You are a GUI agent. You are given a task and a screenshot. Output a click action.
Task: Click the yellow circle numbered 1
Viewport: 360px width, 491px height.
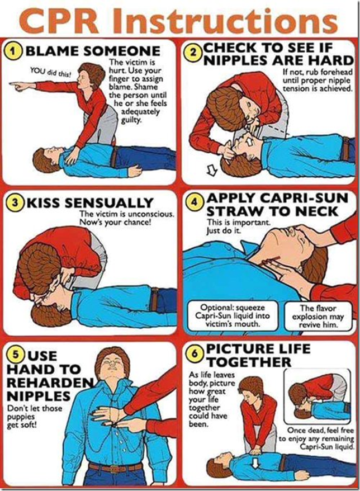pyautogui.click(x=15, y=51)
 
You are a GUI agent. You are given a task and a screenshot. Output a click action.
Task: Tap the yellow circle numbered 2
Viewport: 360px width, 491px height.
pyautogui.click(x=194, y=52)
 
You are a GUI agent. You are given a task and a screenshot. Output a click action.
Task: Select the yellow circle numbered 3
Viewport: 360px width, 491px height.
pyautogui.click(x=15, y=202)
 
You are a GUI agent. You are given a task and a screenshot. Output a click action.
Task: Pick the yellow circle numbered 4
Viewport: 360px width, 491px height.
pyautogui.click(x=195, y=202)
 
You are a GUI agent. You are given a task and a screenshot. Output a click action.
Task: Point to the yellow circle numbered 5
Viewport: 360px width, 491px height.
pyautogui.click(x=16, y=355)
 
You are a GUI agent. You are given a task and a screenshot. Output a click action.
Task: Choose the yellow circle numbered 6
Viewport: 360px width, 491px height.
pyautogui.click(x=195, y=354)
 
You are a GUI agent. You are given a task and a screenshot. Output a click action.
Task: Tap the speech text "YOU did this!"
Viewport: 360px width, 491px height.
pyautogui.click(x=50, y=72)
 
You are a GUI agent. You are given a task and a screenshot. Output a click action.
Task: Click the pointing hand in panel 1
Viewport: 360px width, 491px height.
pyautogui.click(x=19, y=85)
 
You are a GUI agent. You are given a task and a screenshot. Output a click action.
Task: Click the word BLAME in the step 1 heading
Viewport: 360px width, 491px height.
pyautogui.click(x=50, y=51)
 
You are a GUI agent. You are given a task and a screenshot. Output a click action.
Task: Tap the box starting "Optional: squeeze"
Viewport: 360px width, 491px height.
pyautogui.click(x=233, y=315)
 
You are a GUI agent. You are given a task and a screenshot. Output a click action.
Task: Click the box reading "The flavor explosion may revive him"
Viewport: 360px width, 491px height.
pyautogui.click(x=319, y=315)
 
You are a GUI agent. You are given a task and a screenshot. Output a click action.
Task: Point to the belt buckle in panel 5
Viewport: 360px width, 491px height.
pyautogui.click(x=116, y=469)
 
